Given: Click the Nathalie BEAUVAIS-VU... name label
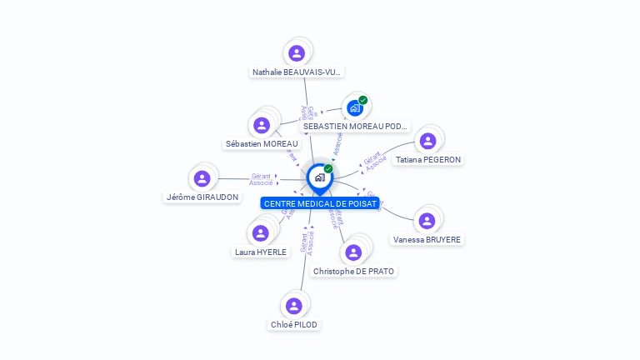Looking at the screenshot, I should point(297,72).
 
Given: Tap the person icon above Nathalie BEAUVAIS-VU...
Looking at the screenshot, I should point(297,53).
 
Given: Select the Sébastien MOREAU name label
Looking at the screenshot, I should point(262,143).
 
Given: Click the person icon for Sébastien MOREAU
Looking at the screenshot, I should point(262,125).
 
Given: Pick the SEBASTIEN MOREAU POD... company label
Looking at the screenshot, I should point(356,126).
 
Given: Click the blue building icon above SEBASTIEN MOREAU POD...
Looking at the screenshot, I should point(355,107).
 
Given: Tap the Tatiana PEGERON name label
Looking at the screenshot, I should point(428,159).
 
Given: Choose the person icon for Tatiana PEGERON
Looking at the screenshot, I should point(427,141).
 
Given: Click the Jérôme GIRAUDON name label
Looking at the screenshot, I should point(202,197).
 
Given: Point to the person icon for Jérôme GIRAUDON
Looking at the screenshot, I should point(202,178).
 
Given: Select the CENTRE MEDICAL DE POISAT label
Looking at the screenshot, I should point(321,203).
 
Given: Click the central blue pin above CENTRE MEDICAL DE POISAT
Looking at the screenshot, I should point(319,177).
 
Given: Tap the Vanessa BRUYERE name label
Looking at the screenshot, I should point(427,239).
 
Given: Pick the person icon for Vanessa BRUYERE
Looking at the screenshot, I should point(427,221).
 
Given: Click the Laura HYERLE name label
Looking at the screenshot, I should point(261,252).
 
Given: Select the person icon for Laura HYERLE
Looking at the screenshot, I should point(261,233).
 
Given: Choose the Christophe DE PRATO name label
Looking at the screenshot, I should point(353,271).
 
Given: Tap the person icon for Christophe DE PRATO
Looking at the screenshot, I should point(353,252).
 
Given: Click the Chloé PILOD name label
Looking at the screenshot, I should point(294,324).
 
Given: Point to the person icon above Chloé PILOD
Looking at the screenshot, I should point(294,306).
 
